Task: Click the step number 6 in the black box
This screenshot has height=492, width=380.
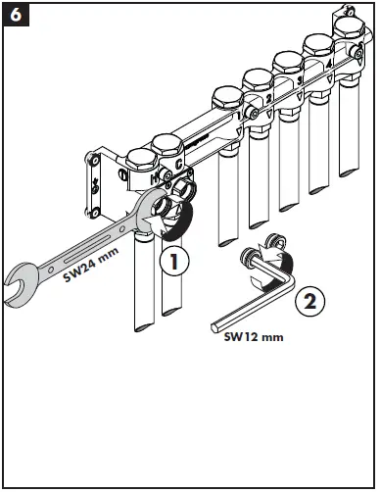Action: coord(16,15)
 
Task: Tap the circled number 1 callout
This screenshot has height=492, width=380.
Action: coord(174,261)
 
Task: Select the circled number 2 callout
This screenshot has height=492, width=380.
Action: coord(310,301)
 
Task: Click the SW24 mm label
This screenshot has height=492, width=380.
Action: coord(90,265)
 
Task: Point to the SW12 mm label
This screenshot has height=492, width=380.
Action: coord(254,337)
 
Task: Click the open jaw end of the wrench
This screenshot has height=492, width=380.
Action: coord(18,284)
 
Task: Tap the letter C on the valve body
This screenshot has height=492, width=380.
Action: coord(178,164)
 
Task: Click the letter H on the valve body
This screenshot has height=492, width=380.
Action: coord(155,178)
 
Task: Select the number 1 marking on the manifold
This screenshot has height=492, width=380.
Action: coord(239,116)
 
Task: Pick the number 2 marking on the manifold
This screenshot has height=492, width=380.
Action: coord(269,98)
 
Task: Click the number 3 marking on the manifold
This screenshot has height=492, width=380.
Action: coord(300,80)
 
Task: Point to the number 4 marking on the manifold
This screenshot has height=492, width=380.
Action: coord(329,63)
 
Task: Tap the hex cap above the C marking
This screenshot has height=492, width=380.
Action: coord(167,147)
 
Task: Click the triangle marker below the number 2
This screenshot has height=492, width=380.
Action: coord(269,114)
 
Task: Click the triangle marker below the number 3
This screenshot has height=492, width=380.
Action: coord(300,96)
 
